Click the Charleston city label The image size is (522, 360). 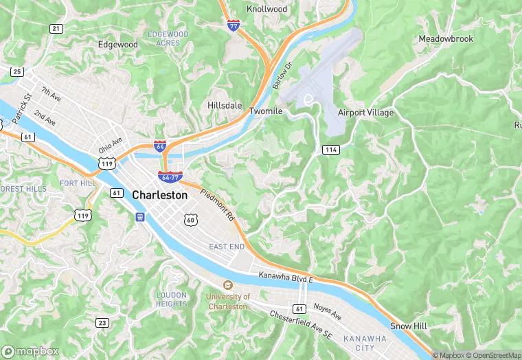pyautogui.click(x=159, y=195)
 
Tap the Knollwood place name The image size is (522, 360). pyautogui.click(x=266, y=9)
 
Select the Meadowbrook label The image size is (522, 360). pyautogui.click(x=446, y=39)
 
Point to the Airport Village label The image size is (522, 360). pyautogui.click(x=366, y=112)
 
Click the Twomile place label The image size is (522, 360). pyautogui.click(x=266, y=111)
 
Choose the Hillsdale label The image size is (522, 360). pyautogui.click(x=225, y=106)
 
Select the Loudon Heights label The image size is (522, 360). pyautogui.click(x=171, y=299)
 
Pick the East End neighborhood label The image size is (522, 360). pyautogui.click(x=227, y=247)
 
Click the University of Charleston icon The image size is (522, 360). pyautogui.click(x=227, y=285)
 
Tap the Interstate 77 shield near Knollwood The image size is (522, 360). pyautogui.click(x=234, y=25)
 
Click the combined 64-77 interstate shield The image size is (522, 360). pyautogui.click(x=170, y=177)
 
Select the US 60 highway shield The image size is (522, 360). pyautogui.click(x=190, y=219)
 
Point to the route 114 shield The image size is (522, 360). pyautogui.click(x=332, y=149)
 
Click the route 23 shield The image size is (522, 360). pyautogui.click(x=102, y=322)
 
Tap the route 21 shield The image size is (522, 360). pyautogui.click(x=56, y=28)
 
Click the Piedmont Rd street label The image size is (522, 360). pyautogui.click(x=218, y=204)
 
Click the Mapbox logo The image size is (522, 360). pyautogui.click(x=31, y=351)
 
